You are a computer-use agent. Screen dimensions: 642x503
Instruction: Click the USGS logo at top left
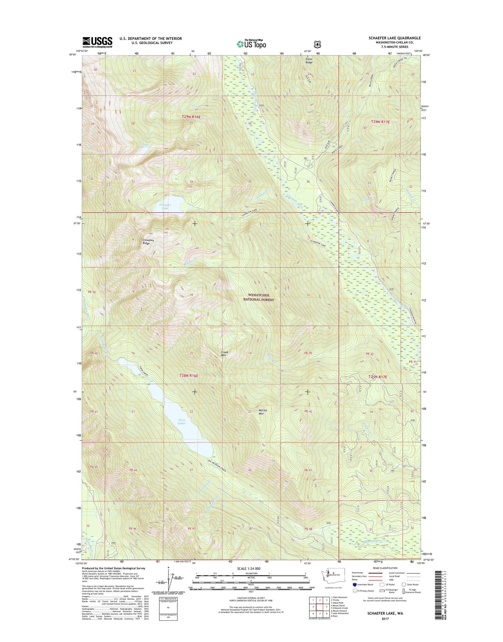(x=97, y=42)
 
